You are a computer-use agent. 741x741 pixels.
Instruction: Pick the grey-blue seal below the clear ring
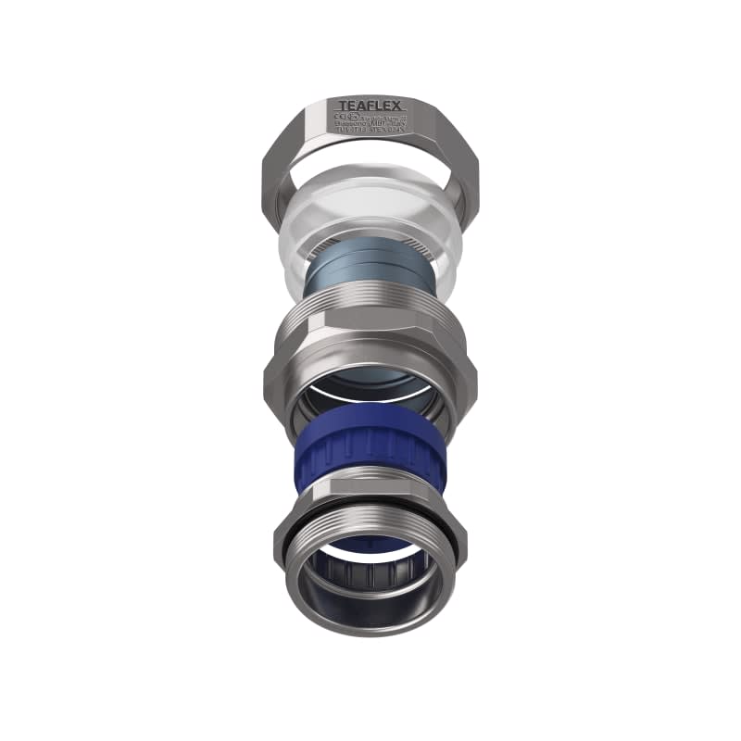(x=370, y=273)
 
